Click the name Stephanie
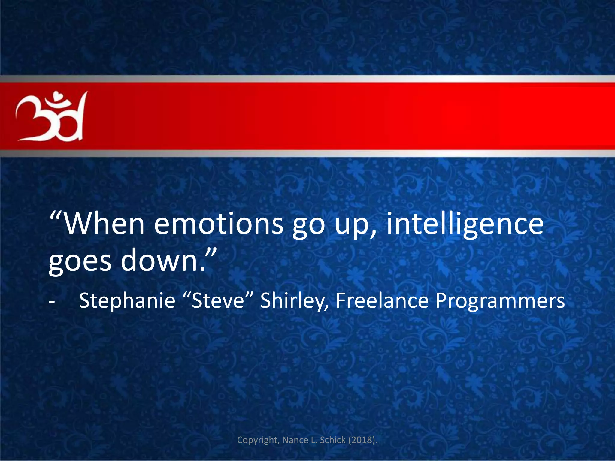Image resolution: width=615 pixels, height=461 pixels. click(127, 301)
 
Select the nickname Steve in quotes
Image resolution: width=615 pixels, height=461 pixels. click(218, 301)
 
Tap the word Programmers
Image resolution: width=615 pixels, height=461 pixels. click(500, 301)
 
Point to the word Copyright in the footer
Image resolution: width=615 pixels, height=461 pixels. click(259, 440)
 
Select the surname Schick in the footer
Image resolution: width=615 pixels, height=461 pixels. click(333, 440)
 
